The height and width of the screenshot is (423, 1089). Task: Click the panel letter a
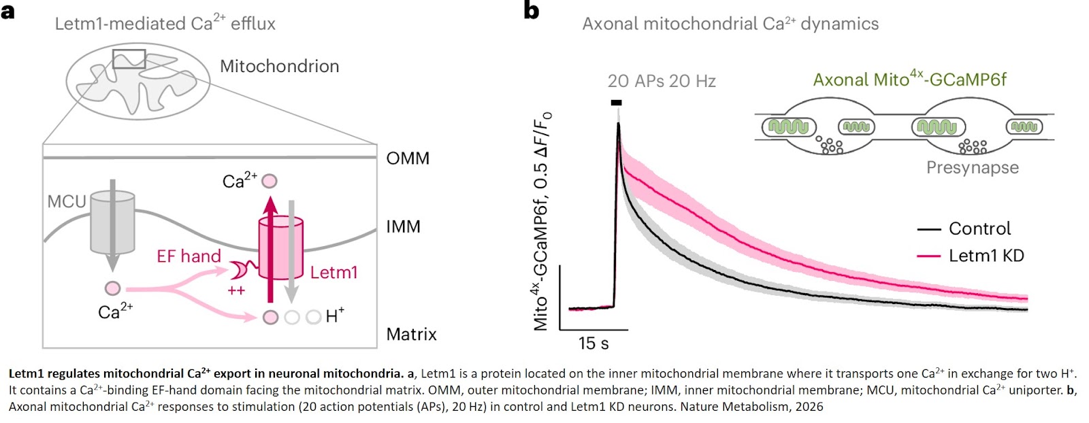coord(7,12)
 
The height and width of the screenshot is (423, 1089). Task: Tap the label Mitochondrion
coord(279,67)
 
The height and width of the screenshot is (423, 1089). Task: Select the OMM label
coord(408,158)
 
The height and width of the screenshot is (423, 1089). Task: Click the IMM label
coord(403,226)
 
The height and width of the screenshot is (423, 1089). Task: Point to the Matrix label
coord(411,334)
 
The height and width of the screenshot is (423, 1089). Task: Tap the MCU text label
coord(67,201)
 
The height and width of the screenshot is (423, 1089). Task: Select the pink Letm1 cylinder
coord(280,248)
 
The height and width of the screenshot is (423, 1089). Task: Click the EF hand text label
coord(189,256)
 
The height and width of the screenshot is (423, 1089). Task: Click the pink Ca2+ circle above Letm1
coord(270,181)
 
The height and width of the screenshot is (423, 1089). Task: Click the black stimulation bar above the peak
coord(616,103)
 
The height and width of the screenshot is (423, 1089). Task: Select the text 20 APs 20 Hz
coord(662,82)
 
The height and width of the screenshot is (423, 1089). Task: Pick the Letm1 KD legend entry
coord(986,256)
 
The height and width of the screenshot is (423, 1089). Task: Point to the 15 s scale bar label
coord(593,343)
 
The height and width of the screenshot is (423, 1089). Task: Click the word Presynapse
coord(972,168)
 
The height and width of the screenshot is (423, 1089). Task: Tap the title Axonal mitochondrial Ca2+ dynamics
coord(730,24)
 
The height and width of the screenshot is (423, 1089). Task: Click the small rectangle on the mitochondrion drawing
coord(129,59)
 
